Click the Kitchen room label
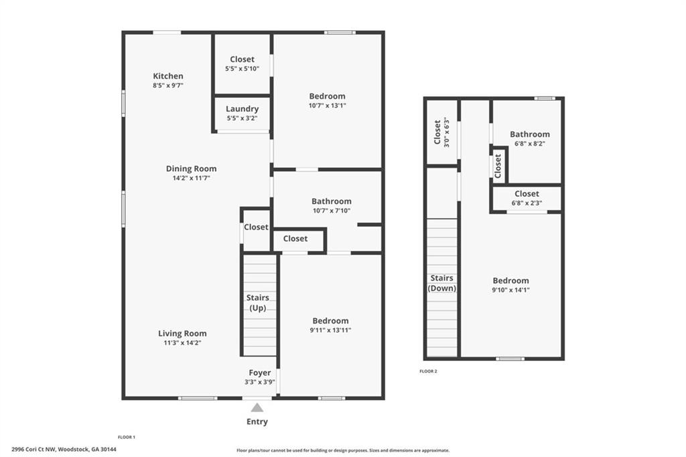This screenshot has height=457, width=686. point(168,77)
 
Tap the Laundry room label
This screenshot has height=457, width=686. point(242,109)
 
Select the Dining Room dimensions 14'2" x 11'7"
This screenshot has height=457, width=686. point(191,178)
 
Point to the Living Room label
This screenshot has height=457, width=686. point(182,334)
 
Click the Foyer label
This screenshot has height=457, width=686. point(259,373)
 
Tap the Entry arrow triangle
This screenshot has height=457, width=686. point(257,408)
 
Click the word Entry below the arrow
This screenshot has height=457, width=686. point(257,421)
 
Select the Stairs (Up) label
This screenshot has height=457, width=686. point(258,303)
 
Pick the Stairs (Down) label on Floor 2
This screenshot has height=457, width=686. point(442,283)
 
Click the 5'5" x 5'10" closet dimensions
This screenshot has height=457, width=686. point(242,68)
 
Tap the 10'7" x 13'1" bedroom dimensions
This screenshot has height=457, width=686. point(327,105)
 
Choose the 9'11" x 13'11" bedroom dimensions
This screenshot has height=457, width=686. point(330,330)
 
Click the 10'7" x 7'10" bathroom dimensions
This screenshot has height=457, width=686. point(331,210)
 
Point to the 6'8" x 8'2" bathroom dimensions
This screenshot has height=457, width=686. point(530,144)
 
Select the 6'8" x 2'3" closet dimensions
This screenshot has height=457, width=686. point(527,203)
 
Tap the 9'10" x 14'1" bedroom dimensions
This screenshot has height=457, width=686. point(510,290)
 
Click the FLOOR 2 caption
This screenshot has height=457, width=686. point(428,371)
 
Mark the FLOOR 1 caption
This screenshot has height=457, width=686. point(127,437)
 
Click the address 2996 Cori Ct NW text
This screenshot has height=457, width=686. point(33,449)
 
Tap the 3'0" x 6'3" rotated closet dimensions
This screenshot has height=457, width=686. point(447,132)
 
